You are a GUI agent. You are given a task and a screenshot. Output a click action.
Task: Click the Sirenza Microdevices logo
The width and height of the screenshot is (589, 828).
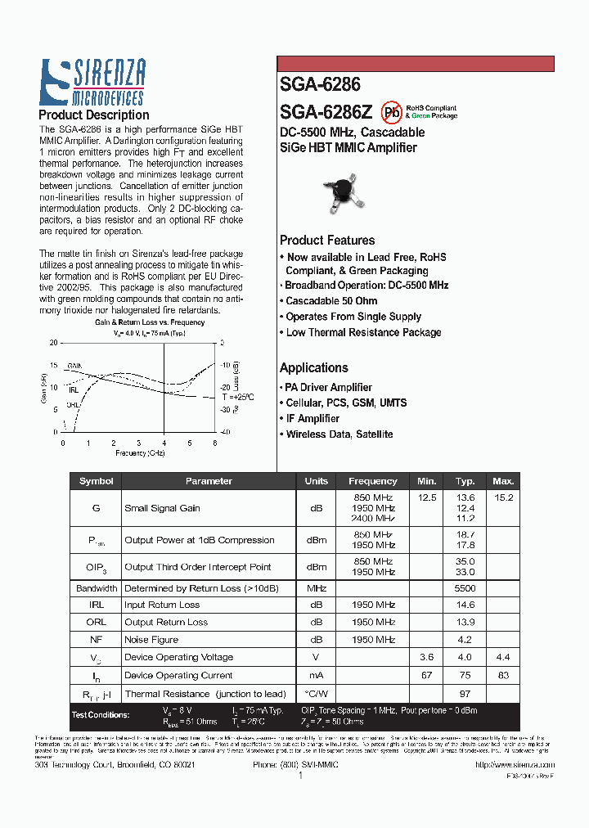(92, 83)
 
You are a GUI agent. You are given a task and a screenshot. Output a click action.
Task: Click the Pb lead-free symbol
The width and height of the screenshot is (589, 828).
(392, 111)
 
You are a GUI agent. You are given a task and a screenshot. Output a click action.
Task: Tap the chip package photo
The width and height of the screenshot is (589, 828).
(344, 193)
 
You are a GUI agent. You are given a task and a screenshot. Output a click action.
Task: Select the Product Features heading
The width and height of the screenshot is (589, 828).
(327, 241)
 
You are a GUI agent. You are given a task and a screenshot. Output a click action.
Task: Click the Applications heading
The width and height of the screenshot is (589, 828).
(314, 368)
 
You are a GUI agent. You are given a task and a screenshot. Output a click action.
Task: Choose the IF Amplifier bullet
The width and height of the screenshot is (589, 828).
(312, 419)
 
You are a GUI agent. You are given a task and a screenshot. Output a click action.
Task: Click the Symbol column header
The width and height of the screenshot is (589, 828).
(96, 481)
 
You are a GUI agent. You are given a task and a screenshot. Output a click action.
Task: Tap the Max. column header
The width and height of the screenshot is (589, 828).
(503, 481)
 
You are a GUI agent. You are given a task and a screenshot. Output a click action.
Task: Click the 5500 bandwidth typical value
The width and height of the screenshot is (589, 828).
(465, 588)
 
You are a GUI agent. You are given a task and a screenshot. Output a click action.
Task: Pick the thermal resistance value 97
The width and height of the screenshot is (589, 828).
(465, 694)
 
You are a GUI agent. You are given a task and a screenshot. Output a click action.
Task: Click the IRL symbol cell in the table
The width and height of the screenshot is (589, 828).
(96, 605)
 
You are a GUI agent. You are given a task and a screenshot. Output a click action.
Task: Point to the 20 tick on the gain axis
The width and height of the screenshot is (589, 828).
(54, 343)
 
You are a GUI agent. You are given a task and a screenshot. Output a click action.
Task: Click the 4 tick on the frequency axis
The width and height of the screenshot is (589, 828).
(164, 443)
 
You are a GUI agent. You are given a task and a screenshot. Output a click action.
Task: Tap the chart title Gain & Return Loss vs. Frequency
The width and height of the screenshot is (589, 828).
(149, 322)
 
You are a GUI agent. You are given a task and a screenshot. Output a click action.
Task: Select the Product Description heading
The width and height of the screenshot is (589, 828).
(94, 115)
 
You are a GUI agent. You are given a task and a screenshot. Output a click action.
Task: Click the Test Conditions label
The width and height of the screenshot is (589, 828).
(100, 715)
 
